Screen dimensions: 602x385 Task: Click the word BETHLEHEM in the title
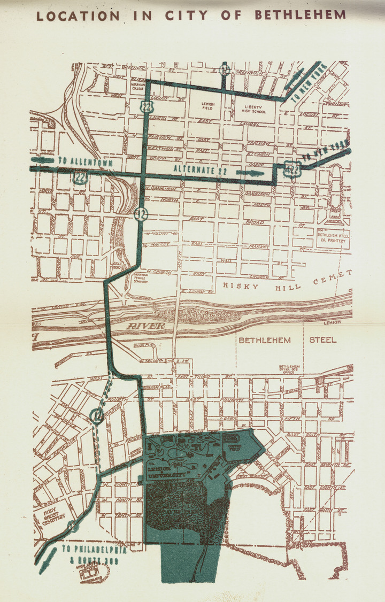pos(300,15)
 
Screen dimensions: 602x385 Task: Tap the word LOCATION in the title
pos(78,16)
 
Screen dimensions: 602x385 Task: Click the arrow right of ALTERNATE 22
pos(250,173)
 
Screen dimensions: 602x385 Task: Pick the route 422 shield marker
pos(292,168)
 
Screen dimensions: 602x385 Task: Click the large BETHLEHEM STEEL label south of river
pos(287,340)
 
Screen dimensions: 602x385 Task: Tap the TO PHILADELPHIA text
pos(94,549)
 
